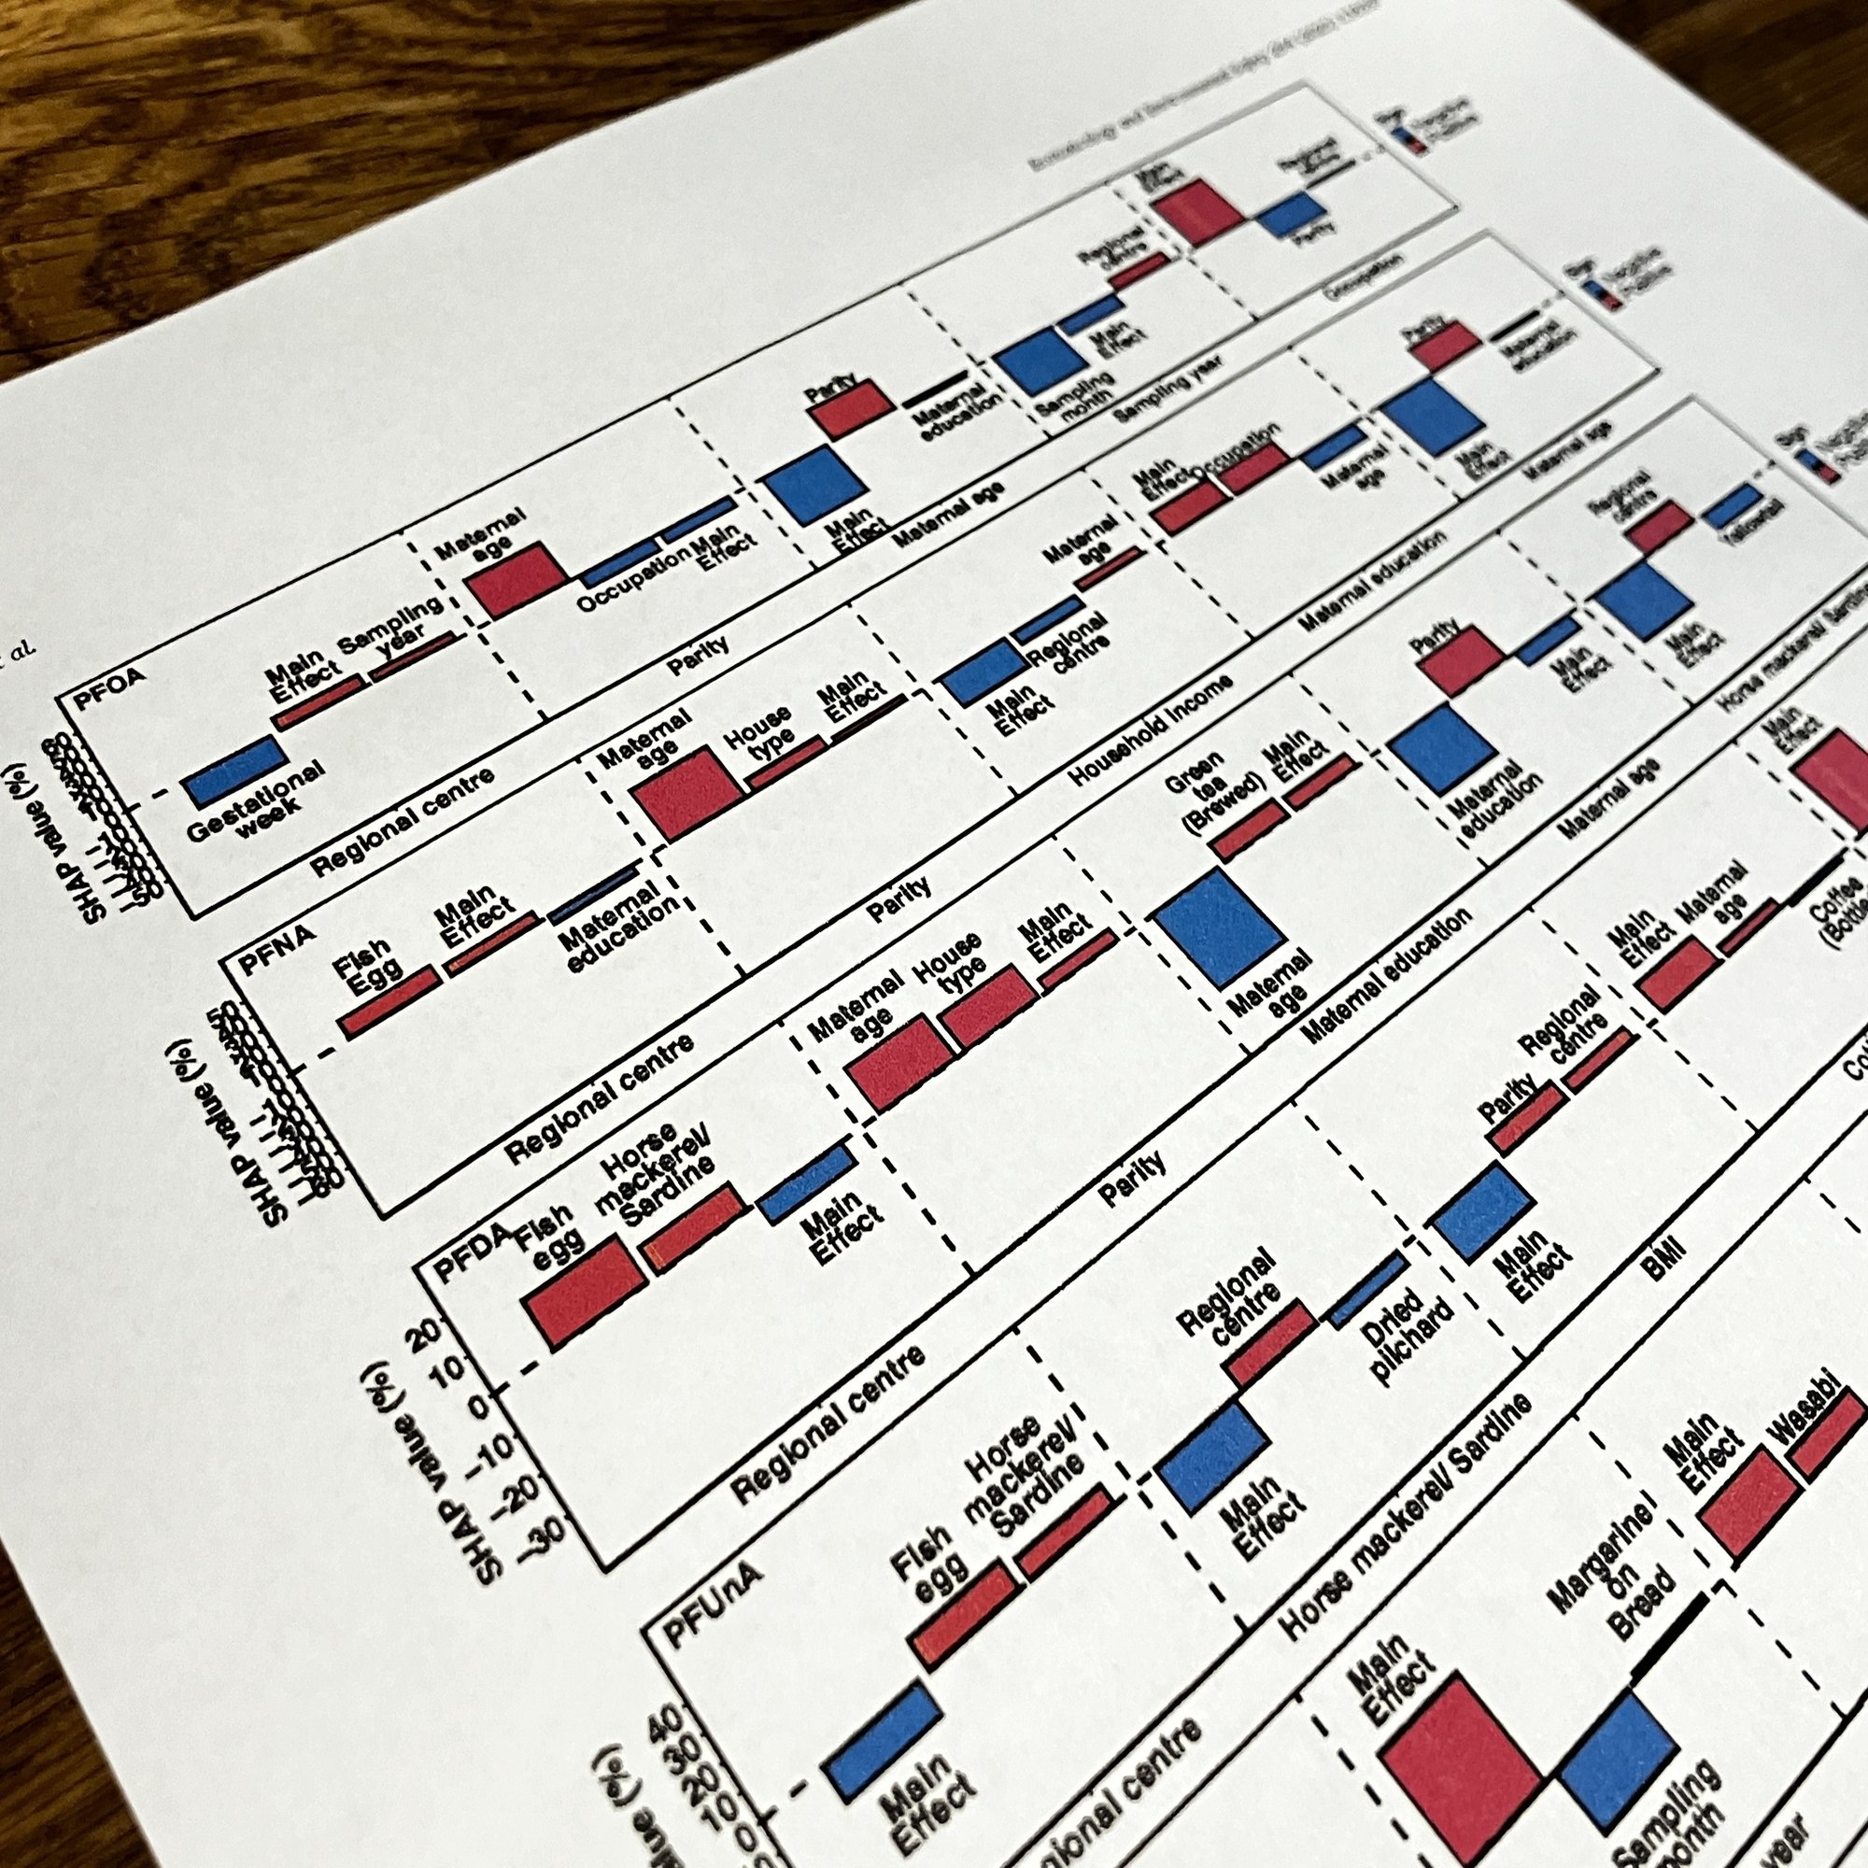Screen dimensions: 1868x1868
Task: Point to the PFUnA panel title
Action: pyautogui.click(x=713, y=1604)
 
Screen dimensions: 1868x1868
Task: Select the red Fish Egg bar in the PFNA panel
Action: pyautogui.click(x=389, y=1001)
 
